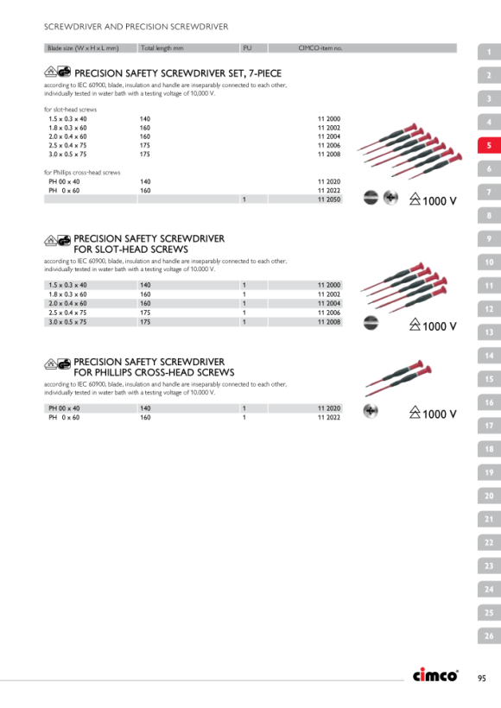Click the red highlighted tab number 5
pos(489,145)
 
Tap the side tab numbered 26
pos(489,635)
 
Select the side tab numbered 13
pos(489,332)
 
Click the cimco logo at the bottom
pos(435,675)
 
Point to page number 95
pos(482,678)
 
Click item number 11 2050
pos(329,199)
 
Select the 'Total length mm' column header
pos(162,47)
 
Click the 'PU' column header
pos(247,47)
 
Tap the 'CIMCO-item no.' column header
pos(320,47)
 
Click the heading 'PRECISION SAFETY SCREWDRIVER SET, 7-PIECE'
pos(178,73)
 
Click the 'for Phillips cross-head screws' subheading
pos(82,173)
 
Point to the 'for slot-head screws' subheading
pos(71,110)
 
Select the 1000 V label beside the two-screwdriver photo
pos(433,414)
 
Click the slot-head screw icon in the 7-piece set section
pos(371,198)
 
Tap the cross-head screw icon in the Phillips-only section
pos(371,411)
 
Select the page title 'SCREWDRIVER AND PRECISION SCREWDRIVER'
pos(136,27)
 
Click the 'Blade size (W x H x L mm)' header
pos(83,47)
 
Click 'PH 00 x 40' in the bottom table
pos(64,408)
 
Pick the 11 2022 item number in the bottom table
pos(329,418)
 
